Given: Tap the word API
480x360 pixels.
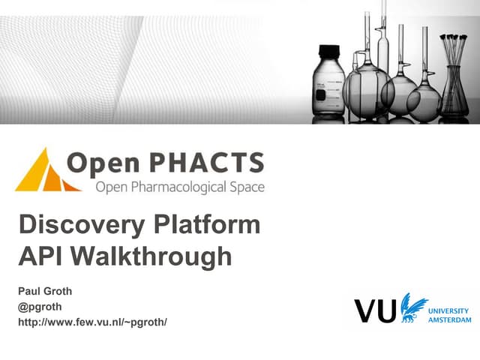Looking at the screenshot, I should tap(40, 256).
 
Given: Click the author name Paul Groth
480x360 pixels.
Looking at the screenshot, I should tap(45, 292).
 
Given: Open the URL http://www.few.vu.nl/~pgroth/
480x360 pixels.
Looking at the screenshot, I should tap(91, 322).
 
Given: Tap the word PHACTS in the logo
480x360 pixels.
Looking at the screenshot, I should tap(212, 163).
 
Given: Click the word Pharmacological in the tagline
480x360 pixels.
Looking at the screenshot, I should tap(182, 186).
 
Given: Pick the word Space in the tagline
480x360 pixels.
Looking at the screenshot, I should tap(248, 186).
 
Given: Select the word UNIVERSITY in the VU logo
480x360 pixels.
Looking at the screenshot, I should tap(448, 310).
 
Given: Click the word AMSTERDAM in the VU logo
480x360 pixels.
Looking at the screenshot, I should tap(448, 319).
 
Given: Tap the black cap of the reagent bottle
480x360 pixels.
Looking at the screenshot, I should tap(328, 52).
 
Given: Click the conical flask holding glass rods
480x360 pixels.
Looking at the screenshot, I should tap(453, 94).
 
